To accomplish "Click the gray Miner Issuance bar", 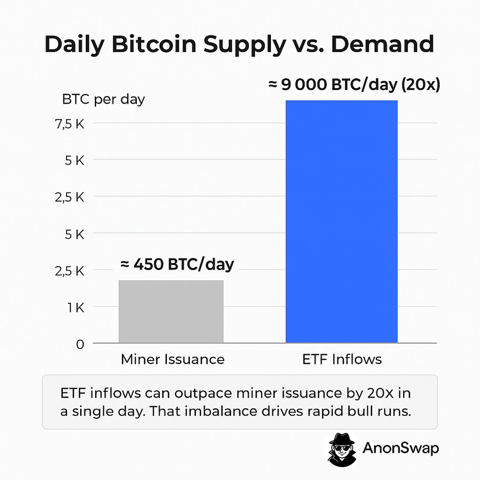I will tap(171, 311).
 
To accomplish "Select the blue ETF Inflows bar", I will tap(341, 222).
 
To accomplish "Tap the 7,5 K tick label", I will tap(70, 124).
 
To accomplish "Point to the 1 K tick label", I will tap(76, 308).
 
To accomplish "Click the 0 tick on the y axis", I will tap(80, 344).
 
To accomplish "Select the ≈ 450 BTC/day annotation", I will tap(177, 265).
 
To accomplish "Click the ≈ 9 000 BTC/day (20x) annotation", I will tap(354, 84).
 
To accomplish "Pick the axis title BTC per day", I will tap(103, 99).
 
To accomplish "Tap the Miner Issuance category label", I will tap(172, 359).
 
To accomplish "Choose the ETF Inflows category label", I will tap(342, 359).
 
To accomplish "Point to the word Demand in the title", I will tap(382, 44).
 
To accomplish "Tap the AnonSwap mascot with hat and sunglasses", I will tap(342, 449).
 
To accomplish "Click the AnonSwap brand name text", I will tap(400, 448).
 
